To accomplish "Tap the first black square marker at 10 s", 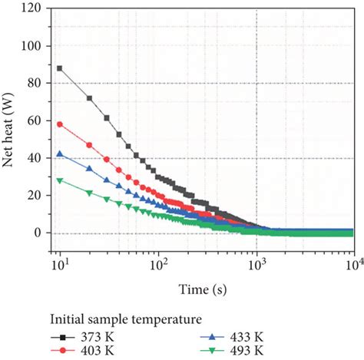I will tap(60, 68).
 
